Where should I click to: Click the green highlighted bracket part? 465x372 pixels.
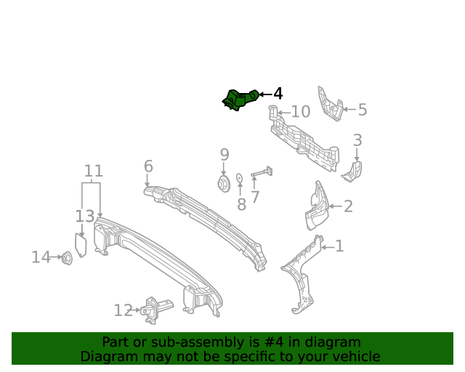pos(240,100)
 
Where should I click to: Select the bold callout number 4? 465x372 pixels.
pos(278,94)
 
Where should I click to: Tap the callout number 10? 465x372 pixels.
pos(301,112)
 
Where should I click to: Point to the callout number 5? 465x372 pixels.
pos(363,110)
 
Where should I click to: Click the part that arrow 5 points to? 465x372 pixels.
pos(330,104)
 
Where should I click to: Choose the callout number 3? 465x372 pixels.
pos(357,140)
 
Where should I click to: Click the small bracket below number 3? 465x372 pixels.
pos(352,171)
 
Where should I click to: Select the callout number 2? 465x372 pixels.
pos(348,206)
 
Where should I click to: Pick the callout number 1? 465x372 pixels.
pos(339,246)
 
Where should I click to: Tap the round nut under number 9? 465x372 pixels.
pos(224,184)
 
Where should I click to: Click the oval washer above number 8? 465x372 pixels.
pos(239,178)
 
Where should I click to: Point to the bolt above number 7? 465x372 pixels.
pos(262,172)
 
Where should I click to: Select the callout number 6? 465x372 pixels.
pos(148,166)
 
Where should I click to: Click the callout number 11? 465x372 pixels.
pos(94,171)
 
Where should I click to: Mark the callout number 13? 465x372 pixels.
pos(85,217)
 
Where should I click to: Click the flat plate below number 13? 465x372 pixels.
pos(81,245)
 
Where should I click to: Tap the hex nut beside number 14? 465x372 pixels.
pos(67,258)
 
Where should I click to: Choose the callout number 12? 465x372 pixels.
pos(123,310)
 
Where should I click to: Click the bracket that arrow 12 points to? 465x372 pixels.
pos(155,310)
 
